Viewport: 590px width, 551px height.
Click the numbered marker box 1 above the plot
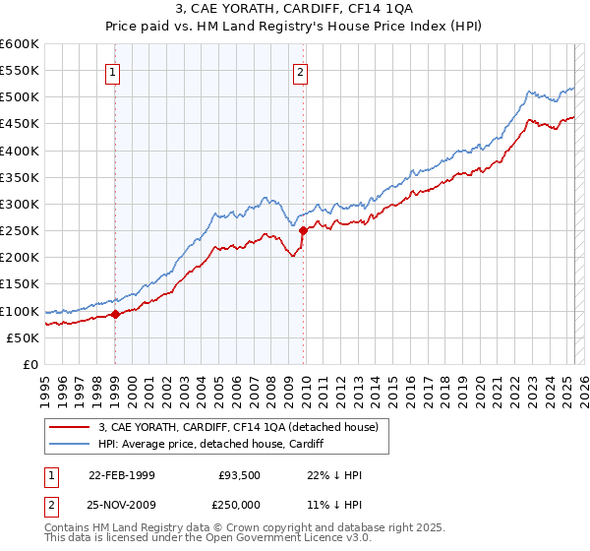(114, 71)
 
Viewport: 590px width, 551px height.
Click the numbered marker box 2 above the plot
(299, 71)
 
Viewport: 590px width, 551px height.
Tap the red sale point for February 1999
(115, 315)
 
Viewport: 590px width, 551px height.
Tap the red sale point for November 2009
(303, 230)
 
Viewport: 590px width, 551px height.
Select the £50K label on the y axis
(25, 337)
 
